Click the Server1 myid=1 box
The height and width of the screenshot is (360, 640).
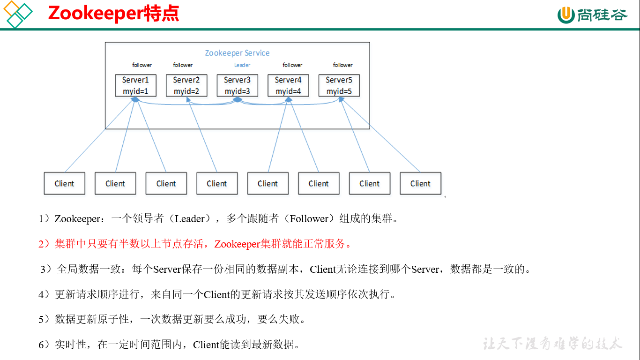pos(135,85)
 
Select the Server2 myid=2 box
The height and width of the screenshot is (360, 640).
pos(186,85)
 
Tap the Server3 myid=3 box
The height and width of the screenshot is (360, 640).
pos(237,85)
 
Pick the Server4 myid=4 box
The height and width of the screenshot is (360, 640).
pos(288,85)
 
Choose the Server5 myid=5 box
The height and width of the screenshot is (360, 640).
pos(339,85)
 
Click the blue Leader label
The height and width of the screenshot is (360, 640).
pos(242,65)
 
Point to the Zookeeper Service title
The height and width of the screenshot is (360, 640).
pos(237,53)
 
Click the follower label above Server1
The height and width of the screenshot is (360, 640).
pos(142,65)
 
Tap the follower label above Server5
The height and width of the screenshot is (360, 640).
pos(342,65)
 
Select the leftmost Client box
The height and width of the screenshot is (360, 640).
pos(64,183)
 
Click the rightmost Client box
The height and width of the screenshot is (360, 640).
pos(420,183)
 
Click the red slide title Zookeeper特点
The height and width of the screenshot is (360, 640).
pos(113,14)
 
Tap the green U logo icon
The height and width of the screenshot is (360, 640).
pos(566,15)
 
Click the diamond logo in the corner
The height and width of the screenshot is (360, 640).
pos(18,14)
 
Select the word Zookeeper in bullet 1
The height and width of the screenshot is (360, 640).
pos(77,219)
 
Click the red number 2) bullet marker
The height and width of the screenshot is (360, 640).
pos(45,244)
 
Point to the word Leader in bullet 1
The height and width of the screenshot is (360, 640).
pos(190,219)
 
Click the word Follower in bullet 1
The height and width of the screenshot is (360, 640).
pos(309,219)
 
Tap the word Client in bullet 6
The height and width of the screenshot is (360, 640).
pos(206,345)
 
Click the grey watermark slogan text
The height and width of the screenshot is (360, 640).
pos(552,344)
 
